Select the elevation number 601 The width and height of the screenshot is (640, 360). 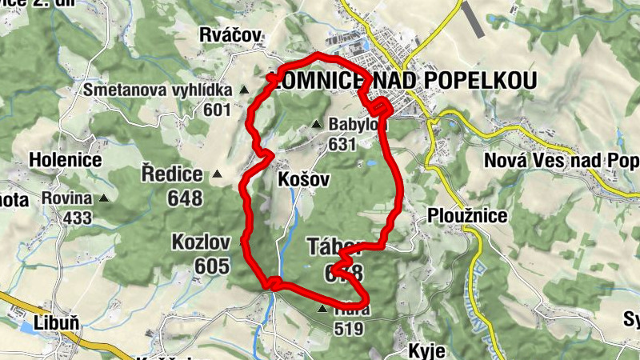(217, 110)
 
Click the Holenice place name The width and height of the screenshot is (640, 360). (65, 159)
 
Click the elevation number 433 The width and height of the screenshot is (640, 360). (78, 217)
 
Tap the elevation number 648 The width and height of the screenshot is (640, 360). (185, 198)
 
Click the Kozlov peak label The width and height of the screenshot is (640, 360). (201, 242)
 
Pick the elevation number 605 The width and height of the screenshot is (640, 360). (211, 266)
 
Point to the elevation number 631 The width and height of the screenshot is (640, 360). (341, 145)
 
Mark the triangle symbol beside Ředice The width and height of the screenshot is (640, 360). (217, 174)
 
